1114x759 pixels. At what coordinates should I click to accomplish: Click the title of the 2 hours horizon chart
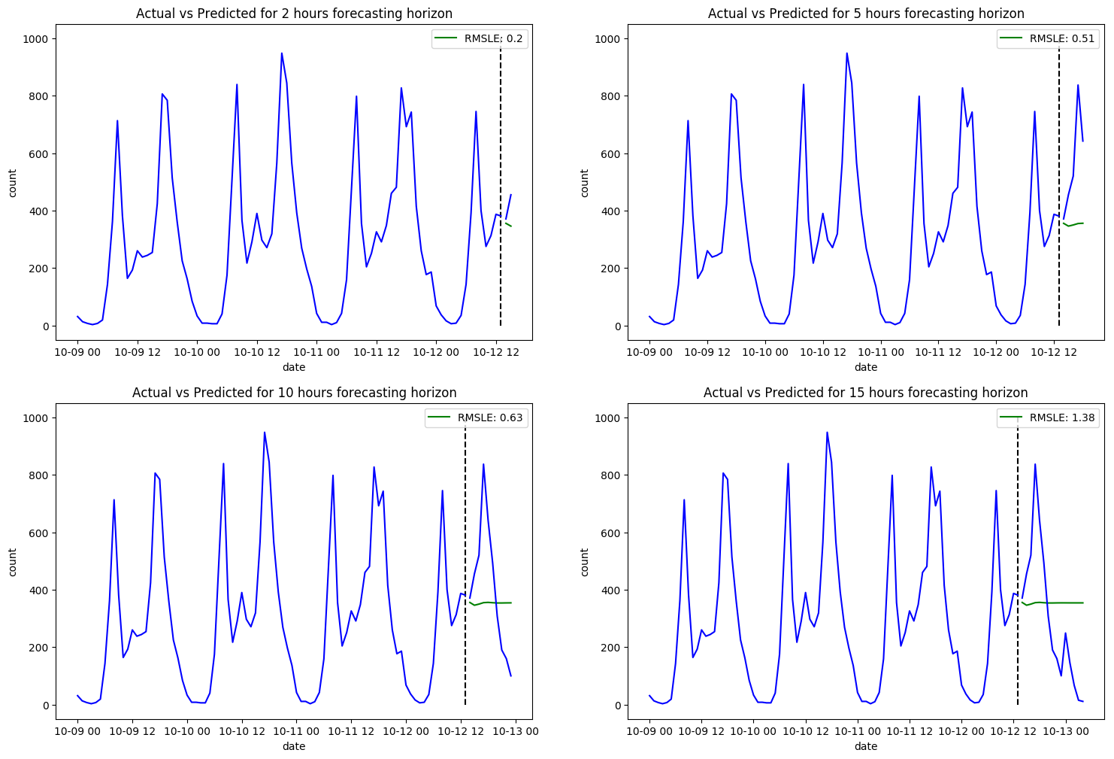[x=294, y=14]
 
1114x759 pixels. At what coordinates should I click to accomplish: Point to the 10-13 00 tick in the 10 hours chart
[x=515, y=731]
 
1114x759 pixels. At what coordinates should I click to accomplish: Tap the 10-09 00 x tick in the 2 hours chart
[x=77, y=352]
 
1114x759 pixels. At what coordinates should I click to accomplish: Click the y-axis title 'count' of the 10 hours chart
[x=13, y=562]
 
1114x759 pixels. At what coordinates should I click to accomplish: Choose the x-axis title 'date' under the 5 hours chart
[x=865, y=367]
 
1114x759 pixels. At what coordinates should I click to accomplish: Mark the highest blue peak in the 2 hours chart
[x=282, y=53]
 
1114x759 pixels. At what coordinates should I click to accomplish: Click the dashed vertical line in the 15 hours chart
[x=1018, y=564]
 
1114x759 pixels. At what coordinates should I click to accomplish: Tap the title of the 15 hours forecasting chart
[x=865, y=393]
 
